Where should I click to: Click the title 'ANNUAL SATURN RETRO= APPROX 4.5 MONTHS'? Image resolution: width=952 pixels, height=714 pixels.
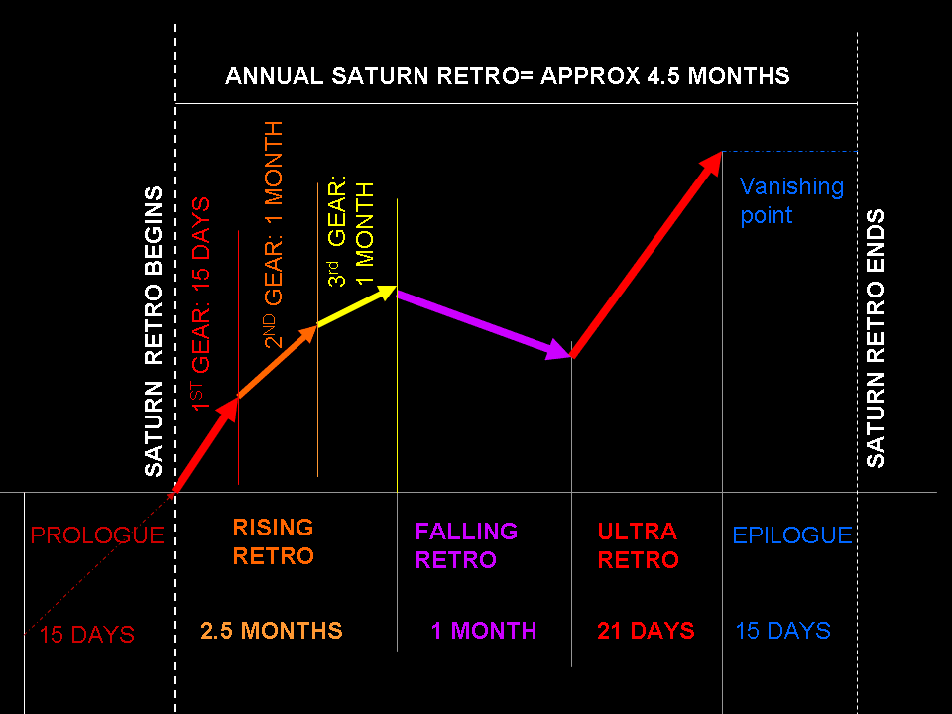click(507, 76)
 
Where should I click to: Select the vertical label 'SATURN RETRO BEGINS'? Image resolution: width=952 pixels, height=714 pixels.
click(154, 331)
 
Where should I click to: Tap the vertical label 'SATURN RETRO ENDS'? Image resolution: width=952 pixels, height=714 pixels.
click(876, 338)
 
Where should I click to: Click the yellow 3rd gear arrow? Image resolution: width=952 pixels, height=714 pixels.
click(357, 306)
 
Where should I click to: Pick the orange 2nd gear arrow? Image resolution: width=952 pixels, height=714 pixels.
click(279, 361)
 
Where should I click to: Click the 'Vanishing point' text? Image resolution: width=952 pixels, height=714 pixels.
click(791, 200)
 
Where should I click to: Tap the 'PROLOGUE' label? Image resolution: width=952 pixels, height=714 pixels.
click(96, 535)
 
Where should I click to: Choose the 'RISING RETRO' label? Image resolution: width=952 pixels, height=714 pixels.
click(273, 541)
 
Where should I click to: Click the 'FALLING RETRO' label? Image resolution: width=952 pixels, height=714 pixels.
click(466, 545)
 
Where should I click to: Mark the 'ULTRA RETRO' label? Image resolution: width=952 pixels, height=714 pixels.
click(638, 545)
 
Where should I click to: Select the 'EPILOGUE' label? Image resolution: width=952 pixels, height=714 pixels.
click(791, 535)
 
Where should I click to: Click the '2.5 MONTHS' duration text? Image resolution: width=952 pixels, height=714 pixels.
click(271, 631)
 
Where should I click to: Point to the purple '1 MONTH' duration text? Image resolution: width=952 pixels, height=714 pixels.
click(483, 631)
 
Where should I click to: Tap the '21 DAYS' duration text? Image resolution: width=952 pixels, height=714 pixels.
click(646, 631)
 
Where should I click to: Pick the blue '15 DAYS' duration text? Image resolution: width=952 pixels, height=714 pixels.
click(782, 631)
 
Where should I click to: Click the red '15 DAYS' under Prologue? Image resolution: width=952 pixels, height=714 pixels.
click(87, 635)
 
